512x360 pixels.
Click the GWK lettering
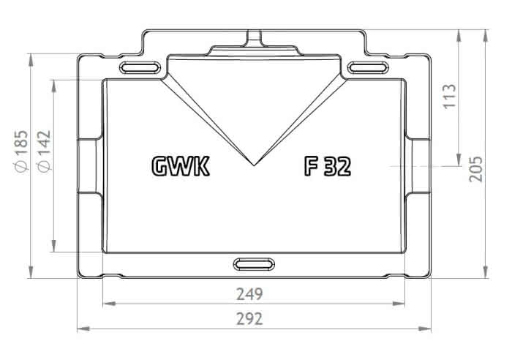(181, 167)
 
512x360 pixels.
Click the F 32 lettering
(328, 167)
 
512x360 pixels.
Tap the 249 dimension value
(249, 294)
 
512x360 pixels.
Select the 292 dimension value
(249, 319)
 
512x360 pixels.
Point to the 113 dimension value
(450, 97)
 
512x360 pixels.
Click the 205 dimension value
(475, 169)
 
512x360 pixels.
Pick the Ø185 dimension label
(21, 151)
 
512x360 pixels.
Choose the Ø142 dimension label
(44, 151)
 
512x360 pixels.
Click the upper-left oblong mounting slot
(140, 67)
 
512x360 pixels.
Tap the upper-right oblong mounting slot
(368, 67)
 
